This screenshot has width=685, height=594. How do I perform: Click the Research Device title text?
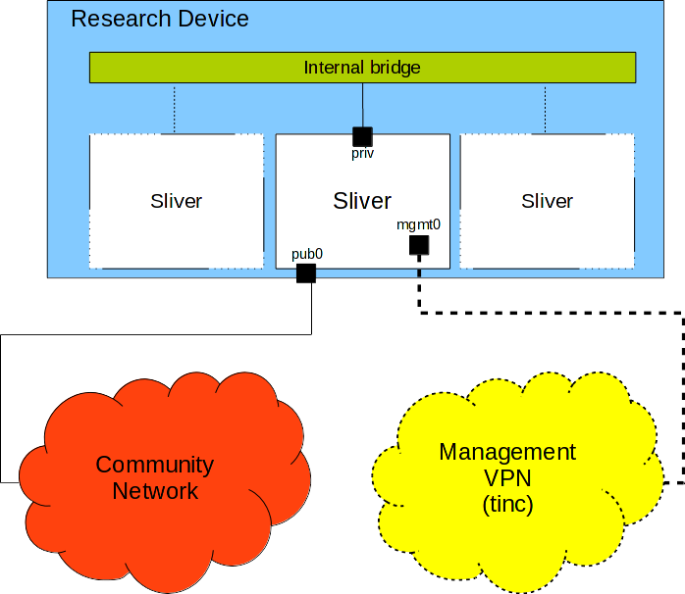click(160, 19)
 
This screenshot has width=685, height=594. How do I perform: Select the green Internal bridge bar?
click(362, 68)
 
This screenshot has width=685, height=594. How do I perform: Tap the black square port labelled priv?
click(362, 136)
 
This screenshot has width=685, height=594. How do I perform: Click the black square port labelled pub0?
click(305, 273)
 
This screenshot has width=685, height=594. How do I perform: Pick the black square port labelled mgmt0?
click(419, 244)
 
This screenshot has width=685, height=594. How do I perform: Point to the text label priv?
click(362, 153)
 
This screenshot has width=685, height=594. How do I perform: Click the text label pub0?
click(307, 254)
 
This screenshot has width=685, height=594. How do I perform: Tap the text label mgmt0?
click(418, 224)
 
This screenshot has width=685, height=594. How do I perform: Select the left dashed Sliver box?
click(177, 201)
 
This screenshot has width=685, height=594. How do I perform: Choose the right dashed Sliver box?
click(547, 201)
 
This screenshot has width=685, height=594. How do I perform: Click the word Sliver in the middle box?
click(362, 201)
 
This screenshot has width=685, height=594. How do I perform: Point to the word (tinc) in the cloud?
click(506, 507)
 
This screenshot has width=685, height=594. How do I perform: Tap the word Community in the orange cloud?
click(155, 465)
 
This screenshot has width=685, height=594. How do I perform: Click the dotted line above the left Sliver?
click(175, 108)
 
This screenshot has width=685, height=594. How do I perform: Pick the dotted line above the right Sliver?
click(546, 108)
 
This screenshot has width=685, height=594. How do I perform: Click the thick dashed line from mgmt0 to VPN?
click(550, 314)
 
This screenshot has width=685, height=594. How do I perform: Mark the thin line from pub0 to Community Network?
click(157, 335)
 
